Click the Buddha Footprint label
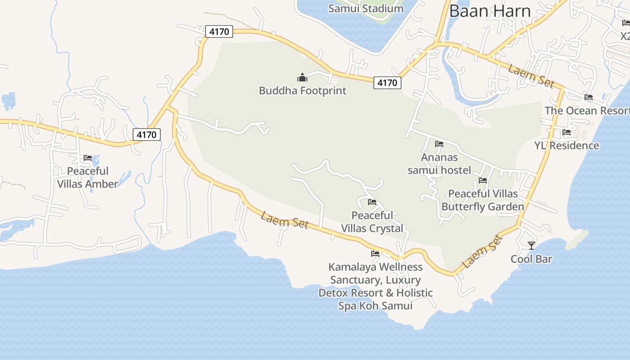tap(302, 90)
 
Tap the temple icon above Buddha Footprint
tap(302, 77)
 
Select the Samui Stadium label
tap(366, 8)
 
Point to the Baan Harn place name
tap(490, 11)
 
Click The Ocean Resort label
tap(587, 111)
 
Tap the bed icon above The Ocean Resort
tap(588, 97)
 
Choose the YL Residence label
tap(567, 145)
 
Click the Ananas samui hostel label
tap(439, 164)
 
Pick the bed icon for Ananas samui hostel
tap(439, 144)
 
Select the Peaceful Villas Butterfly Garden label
tap(483, 200)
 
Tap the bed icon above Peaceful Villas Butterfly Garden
tap(483, 180)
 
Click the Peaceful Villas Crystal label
tap(372, 222)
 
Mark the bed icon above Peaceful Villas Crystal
tap(372, 202)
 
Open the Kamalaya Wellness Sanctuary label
tap(375, 286)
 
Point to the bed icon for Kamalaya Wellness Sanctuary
tap(375, 254)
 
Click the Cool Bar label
tap(531, 259)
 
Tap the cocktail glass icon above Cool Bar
tap(531, 245)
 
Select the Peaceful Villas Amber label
tap(88, 177)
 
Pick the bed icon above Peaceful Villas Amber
tap(88, 158)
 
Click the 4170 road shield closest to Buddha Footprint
tap(387, 83)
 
